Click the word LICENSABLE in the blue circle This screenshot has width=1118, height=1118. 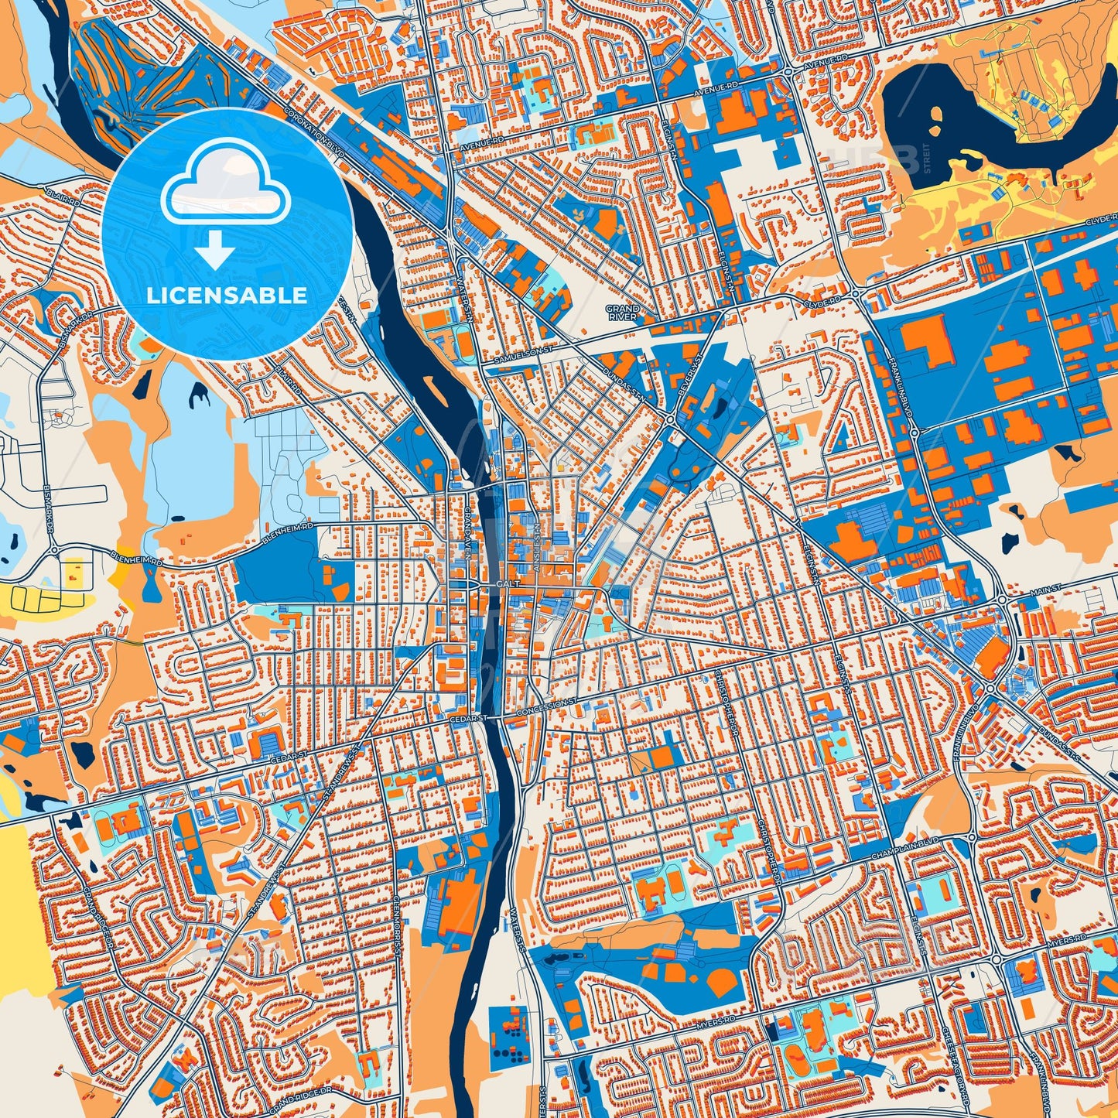click(227, 296)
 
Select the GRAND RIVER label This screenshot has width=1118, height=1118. click(623, 313)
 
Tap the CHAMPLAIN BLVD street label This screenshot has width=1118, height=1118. click(902, 845)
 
